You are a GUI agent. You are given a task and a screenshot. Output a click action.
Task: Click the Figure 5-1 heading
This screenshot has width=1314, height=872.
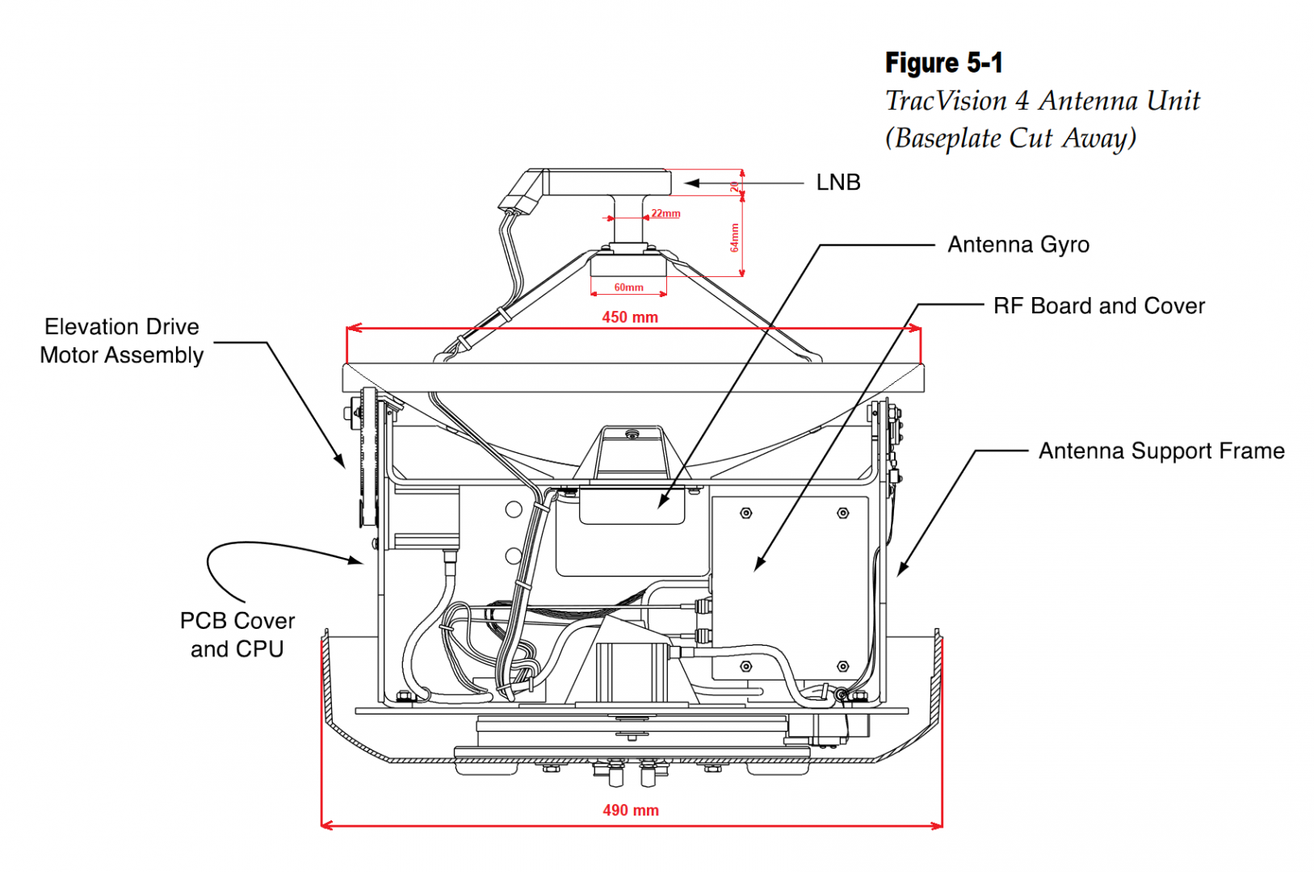943,63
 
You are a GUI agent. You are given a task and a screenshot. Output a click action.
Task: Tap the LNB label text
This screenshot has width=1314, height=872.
838,182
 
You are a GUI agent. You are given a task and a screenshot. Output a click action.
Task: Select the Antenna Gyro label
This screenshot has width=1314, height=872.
1018,245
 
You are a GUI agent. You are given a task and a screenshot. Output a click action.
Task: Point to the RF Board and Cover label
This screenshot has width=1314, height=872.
1098,306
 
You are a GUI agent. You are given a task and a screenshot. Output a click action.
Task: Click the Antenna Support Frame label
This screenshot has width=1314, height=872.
1161,451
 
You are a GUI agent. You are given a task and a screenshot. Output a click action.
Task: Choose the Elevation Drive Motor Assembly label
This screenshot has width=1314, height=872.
122,341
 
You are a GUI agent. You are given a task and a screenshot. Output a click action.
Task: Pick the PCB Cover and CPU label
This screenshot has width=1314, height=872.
237,635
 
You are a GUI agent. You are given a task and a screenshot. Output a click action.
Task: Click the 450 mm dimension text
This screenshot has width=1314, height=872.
629,317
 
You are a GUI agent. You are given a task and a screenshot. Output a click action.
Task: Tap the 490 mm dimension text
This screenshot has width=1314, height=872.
630,810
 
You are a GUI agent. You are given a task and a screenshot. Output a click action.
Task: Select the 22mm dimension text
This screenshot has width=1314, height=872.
665,213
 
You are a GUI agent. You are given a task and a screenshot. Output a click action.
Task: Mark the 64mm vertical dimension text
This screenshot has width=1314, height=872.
734,237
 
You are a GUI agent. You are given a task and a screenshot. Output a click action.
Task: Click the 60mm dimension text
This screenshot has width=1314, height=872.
628,287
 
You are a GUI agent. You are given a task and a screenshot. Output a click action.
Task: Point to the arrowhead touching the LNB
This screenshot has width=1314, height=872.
691,183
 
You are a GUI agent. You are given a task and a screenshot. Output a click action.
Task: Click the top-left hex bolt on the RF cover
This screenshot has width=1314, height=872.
745,513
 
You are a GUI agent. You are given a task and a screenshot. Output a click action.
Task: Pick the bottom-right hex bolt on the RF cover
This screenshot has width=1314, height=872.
842,667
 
